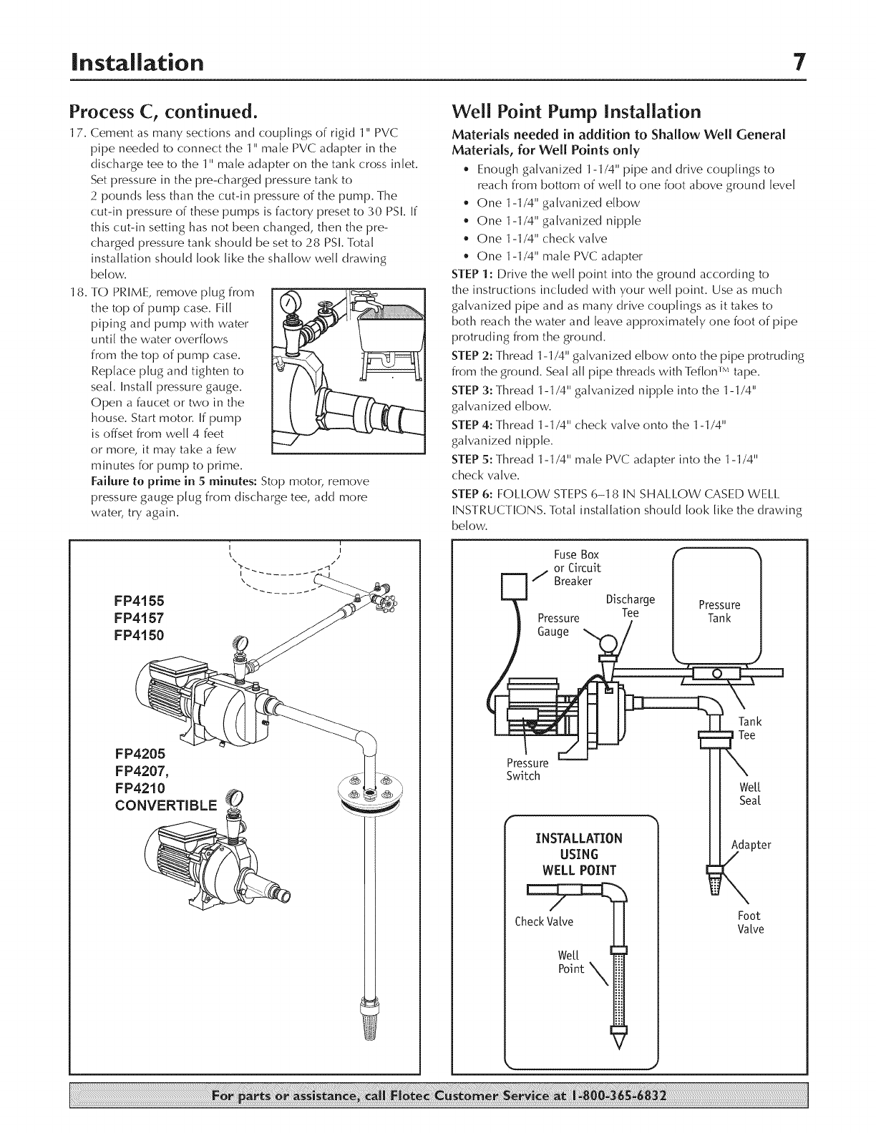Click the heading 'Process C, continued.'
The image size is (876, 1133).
point(162,113)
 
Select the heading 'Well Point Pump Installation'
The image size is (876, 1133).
point(576,113)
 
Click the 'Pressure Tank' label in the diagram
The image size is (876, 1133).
point(719,612)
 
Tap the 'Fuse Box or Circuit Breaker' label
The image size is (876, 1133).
point(577,568)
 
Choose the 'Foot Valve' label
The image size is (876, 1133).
point(750,923)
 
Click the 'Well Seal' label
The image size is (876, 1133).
point(749,794)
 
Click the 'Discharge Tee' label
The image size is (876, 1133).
point(630,606)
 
